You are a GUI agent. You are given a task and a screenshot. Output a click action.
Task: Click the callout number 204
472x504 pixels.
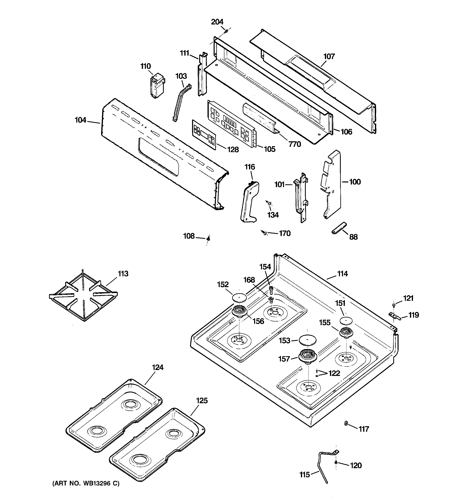click(217, 22)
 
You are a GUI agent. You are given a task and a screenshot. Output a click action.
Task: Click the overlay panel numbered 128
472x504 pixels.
click(204, 135)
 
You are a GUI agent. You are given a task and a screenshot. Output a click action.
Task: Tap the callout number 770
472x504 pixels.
click(295, 144)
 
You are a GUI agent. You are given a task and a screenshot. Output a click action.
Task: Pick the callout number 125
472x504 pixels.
click(202, 401)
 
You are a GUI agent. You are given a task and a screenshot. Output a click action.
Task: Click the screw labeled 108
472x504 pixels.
click(208, 238)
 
